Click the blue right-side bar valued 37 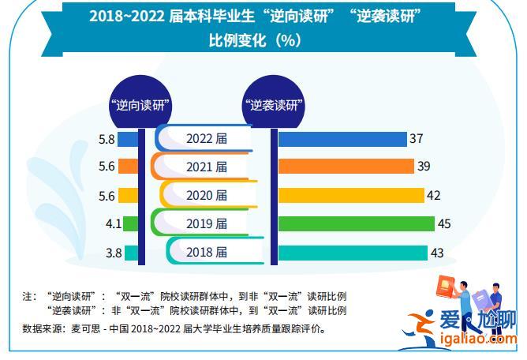(342, 139)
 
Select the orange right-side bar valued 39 (346, 167)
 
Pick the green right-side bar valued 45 (356, 223)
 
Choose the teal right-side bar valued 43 (353, 252)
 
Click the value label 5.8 (107, 139)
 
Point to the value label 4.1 (113, 224)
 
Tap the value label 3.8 (113, 253)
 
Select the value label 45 (444, 224)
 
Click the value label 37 (417, 139)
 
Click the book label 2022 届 (207, 139)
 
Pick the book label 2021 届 (207, 167)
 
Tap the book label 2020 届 (207, 195)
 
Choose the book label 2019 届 (207, 224)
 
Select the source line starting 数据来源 (174, 328)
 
